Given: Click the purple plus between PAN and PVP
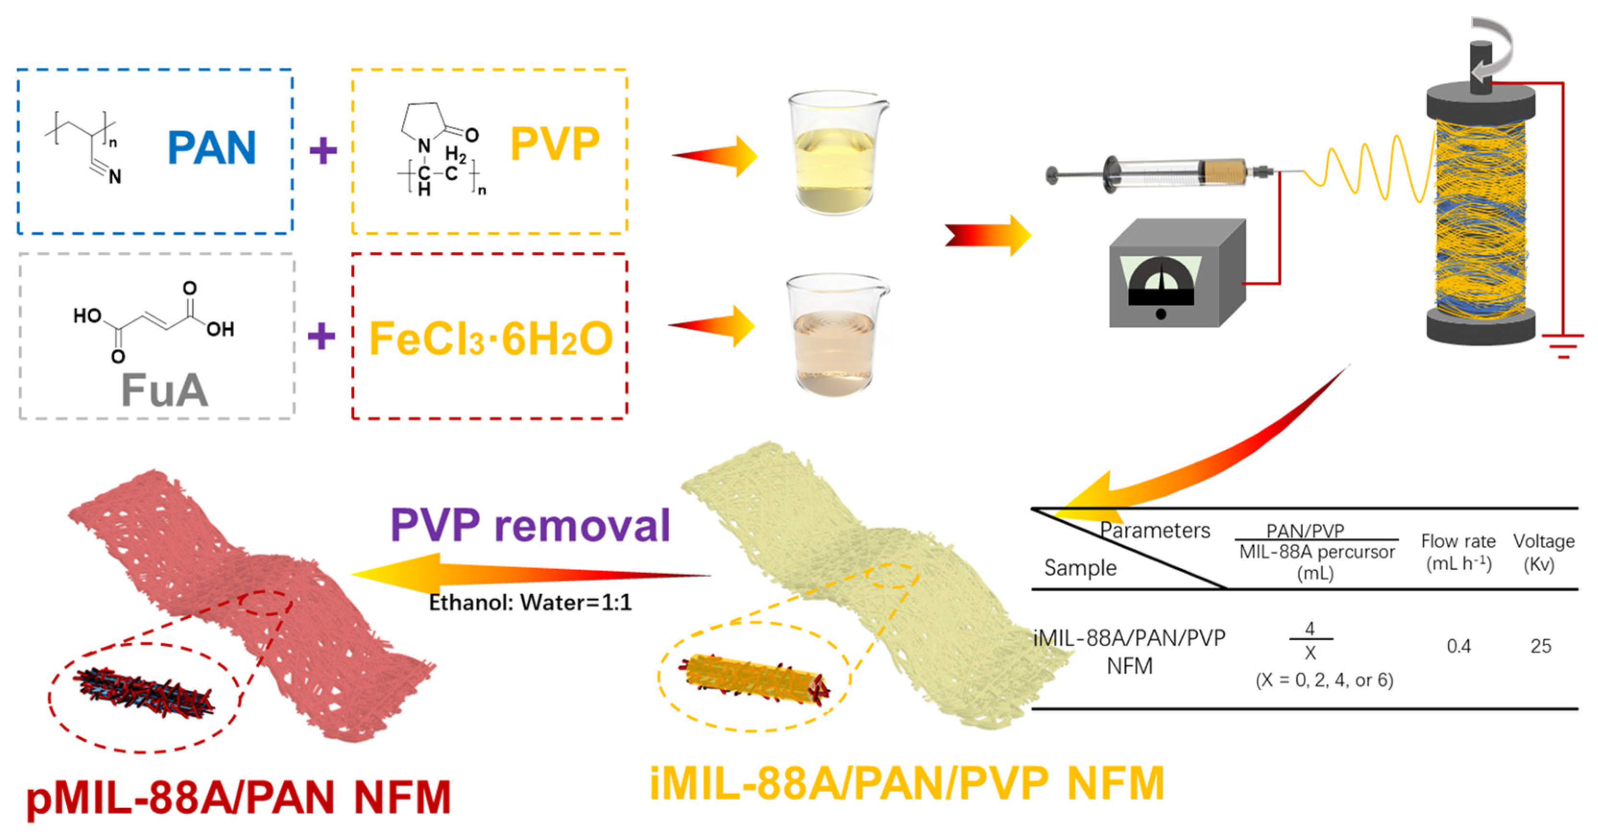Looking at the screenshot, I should (x=323, y=151).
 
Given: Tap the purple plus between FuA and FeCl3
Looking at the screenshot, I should (x=321, y=337).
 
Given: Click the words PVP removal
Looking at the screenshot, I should (x=530, y=525).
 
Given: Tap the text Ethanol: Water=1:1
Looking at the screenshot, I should (x=530, y=602).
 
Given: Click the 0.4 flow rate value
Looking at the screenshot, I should (x=1458, y=647).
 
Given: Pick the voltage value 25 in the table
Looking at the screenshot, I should (x=1541, y=647).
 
